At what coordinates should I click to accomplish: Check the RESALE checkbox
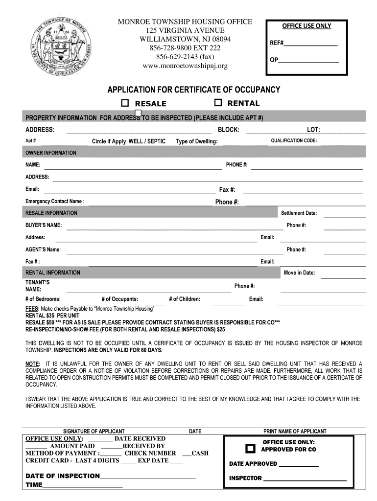point(125,103)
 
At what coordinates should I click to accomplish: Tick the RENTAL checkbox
point(218,103)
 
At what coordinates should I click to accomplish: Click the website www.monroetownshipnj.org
point(185,66)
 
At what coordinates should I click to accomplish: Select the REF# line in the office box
point(304,43)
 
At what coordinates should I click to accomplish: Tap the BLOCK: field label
point(228,130)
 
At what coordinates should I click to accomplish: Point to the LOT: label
point(313,130)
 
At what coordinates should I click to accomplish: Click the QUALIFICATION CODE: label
point(294,141)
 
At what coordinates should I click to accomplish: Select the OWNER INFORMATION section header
point(51,153)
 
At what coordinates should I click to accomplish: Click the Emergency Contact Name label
point(55,201)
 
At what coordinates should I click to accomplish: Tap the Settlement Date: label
point(299,213)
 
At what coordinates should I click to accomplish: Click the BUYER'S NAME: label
point(44,225)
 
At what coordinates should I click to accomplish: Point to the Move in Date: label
point(299,273)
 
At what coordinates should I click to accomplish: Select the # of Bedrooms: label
point(43,299)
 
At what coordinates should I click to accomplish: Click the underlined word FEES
point(32,309)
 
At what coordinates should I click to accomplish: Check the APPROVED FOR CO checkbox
point(250,448)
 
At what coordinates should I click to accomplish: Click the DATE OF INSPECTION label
point(63,476)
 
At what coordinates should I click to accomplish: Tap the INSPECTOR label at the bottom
point(245,478)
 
